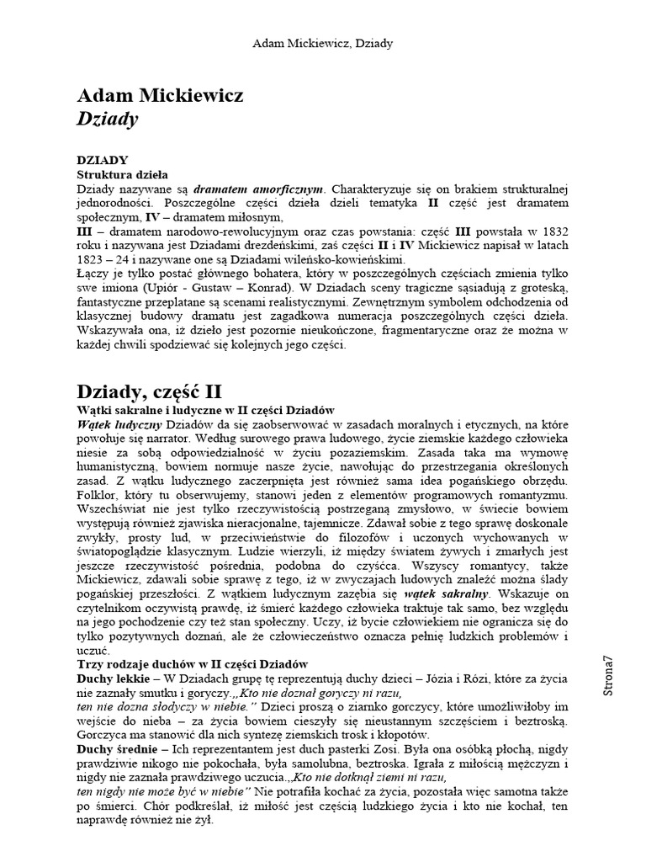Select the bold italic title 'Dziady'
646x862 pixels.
(x=107, y=119)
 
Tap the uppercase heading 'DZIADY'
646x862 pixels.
(x=102, y=159)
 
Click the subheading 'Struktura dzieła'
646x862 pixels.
(x=122, y=173)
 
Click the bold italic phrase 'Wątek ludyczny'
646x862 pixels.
(x=119, y=423)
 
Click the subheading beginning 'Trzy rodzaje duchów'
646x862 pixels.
(x=193, y=665)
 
